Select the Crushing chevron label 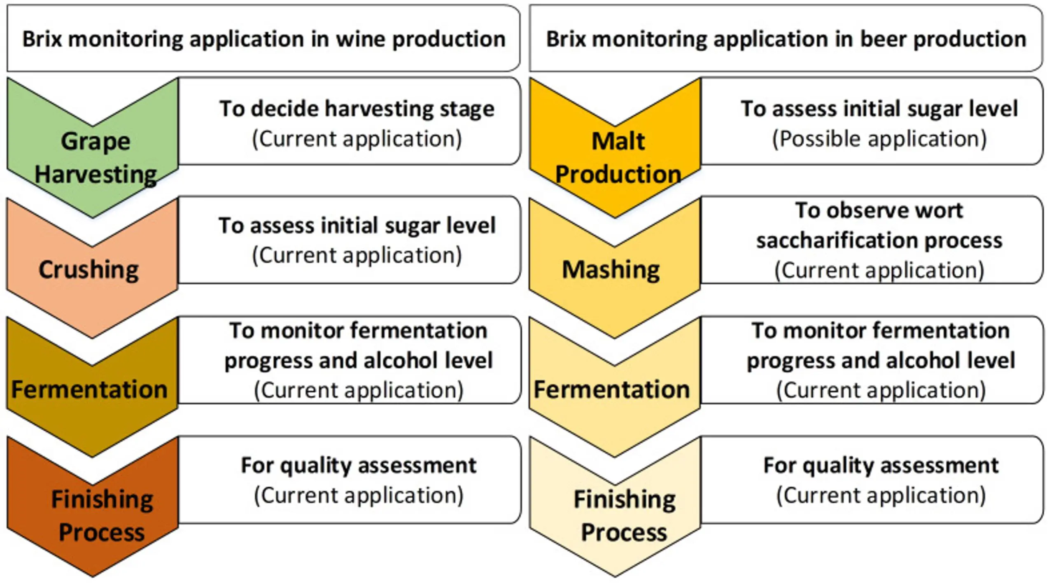(x=89, y=270)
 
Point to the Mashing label (x=611, y=270)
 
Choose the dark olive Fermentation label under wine (x=89, y=389)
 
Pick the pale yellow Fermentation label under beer (x=612, y=389)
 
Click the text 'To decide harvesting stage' (x=357, y=109)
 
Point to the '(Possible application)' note (x=879, y=139)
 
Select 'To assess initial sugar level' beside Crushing (x=357, y=226)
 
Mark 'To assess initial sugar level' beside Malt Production (x=879, y=109)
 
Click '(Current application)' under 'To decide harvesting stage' (x=357, y=139)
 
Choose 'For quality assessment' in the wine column (x=358, y=466)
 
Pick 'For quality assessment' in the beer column (x=881, y=466)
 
